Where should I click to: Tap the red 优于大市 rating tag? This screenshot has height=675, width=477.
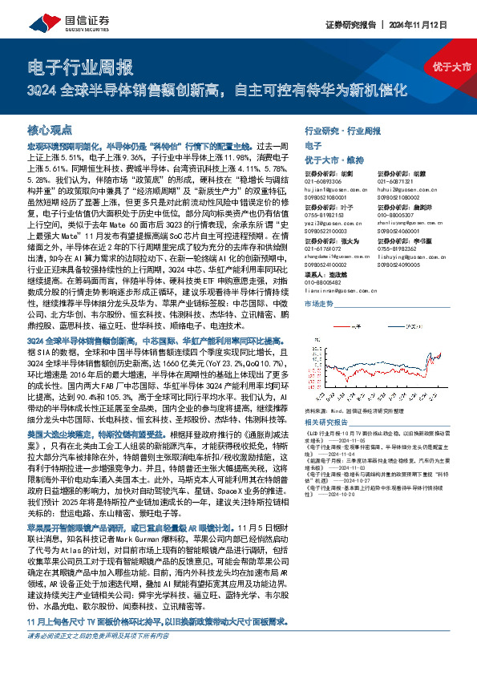coord(450,67)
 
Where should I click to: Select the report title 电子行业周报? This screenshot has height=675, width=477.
coord(75,67)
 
